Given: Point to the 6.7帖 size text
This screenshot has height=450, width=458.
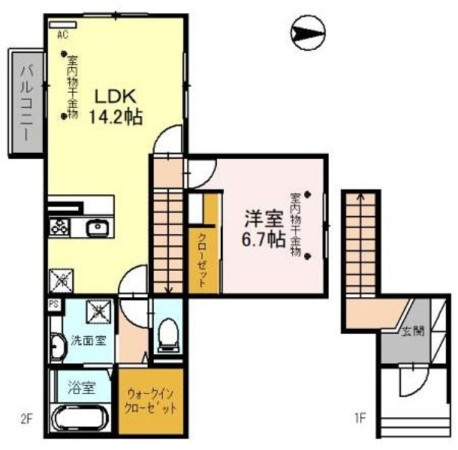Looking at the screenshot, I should (263, 240).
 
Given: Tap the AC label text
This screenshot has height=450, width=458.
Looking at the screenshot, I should (62, 33).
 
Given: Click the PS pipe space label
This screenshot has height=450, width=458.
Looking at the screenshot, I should (54, 304).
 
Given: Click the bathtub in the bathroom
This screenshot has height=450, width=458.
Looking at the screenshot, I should (79, 419).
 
